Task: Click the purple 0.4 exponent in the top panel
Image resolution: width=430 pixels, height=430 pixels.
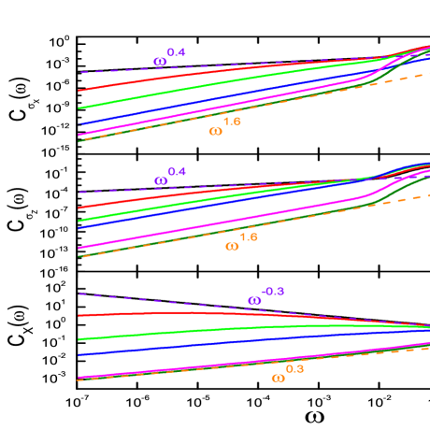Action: click(x=177, y=52)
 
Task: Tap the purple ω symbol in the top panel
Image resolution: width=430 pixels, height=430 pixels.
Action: click(x=160, y=63)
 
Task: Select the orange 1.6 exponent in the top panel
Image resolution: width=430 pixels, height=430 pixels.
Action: click(x=232, y=122)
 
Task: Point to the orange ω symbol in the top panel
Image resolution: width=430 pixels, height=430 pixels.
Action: click(x=215, y=131)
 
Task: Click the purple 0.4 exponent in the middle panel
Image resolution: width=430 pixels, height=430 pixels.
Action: click(x=177, y=172)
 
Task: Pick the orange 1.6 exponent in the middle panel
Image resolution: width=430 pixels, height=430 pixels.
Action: click(x=249, y=237)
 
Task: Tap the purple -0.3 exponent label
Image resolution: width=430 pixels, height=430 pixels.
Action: click(x=272, y=292)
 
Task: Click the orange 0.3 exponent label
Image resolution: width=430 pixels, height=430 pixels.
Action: click(x=294, y=369)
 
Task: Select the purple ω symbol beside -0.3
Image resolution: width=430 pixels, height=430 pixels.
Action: click(x=254, y=301)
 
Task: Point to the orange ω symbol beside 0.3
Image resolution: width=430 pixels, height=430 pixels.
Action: click(x=278, y=379)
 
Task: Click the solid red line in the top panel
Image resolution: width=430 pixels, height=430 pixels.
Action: click(x=187, y=76)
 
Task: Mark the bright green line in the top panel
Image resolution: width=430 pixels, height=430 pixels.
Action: click(x=187, y=89)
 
